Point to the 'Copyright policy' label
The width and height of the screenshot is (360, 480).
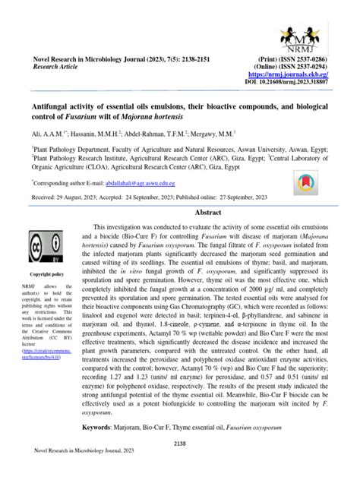pos(46,274)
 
